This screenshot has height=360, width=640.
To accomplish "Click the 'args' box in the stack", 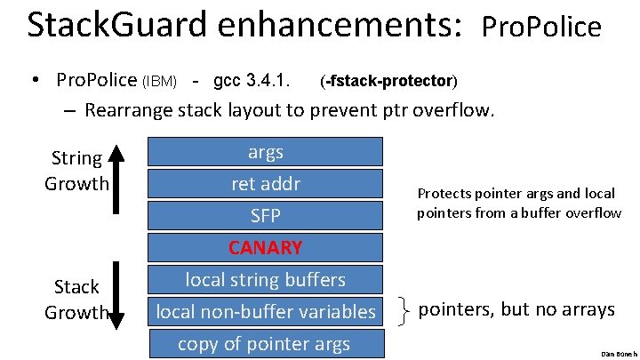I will coord(265,152).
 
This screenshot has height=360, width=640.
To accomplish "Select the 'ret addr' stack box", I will coord(265,184).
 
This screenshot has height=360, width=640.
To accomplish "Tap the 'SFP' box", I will coord(265,216).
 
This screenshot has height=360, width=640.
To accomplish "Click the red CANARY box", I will coord(265,247).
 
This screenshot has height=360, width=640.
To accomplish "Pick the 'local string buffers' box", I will coord(265,280).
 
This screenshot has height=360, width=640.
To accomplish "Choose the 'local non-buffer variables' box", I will coord(265,312).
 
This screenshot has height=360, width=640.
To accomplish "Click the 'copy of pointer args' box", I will coord(265,344).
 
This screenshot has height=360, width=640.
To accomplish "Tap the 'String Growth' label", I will coord(76,171).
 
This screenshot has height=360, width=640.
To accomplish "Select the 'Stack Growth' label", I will coord(76,300).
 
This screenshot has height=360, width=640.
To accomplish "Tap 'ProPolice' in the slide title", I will coord(541,28).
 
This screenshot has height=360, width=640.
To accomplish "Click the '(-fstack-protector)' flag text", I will coord(388,82).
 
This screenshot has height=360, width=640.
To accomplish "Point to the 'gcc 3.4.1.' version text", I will coord(252,81).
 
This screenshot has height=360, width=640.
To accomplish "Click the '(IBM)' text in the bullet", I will coord(161,83).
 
